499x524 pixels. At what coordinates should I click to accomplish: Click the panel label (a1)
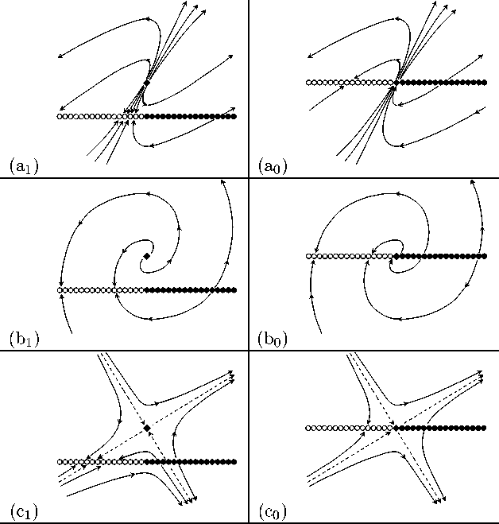[23, 167]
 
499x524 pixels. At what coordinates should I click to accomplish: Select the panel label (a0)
[273, 167]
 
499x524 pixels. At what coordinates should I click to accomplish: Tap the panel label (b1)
[23, 340]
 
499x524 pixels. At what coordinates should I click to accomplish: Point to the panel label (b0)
[273, 340]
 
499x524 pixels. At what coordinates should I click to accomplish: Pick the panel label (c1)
[23, 510]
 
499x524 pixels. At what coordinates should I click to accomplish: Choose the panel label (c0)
[273, 510]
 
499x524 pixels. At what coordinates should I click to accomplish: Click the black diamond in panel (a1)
[146, 83]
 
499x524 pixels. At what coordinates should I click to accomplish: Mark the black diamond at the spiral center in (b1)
[146, 256]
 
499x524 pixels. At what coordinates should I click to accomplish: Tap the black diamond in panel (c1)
[146, 429]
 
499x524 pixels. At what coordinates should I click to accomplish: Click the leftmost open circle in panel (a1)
[60, 116]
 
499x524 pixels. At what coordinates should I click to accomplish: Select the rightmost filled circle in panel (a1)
[234, 116]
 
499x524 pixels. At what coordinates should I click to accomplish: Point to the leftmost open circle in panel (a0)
[309, 82]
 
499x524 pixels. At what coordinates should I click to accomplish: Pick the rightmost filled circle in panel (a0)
[483, 82]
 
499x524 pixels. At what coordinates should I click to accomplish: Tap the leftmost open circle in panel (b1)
[60, 290]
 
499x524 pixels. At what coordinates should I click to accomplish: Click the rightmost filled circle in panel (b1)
[234, 290]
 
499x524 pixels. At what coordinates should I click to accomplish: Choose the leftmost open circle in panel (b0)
[309, 256]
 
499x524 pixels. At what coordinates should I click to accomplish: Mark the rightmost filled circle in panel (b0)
[483, 256]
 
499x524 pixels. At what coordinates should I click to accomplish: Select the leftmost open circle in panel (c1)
[60, 461]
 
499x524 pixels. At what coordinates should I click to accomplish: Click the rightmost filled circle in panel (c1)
[234, 461]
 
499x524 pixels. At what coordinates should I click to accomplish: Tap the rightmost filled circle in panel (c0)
[483, 428]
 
